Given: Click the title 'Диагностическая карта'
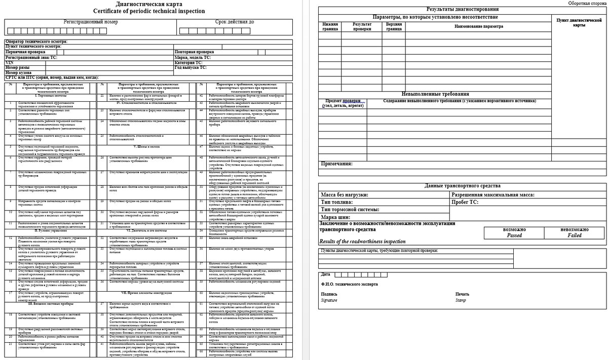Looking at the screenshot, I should point(148,4).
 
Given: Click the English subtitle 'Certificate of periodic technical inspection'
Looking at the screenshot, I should point(149,11).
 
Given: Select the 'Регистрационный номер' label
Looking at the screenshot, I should point(91,23).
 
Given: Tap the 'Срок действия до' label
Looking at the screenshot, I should point(235,23).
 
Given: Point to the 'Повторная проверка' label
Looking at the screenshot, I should point(194,52).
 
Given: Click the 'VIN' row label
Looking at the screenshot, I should point(9,62).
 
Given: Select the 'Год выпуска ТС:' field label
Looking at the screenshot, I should point(191,67).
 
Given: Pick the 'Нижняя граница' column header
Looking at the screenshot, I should point(330,26).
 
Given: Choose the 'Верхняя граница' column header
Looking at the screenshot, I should point(394,26).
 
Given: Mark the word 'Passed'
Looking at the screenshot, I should point(514,235).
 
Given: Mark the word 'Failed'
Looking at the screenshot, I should point(575,235).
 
